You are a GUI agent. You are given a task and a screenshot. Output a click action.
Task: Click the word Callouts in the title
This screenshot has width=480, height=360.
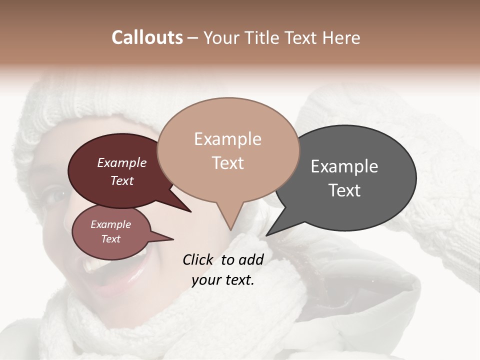147,37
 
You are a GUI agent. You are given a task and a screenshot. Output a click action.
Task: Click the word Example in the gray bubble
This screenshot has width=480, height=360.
344,166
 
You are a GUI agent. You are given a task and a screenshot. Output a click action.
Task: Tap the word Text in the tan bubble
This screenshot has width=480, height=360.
227,163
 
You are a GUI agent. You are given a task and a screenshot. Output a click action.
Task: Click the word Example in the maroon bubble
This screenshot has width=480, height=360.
121,163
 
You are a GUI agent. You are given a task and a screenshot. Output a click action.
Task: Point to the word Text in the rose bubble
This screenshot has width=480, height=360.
111,239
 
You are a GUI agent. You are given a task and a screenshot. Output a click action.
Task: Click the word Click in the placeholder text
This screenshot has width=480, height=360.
199,259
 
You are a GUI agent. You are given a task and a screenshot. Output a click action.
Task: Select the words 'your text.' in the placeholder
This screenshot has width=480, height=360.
222,280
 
